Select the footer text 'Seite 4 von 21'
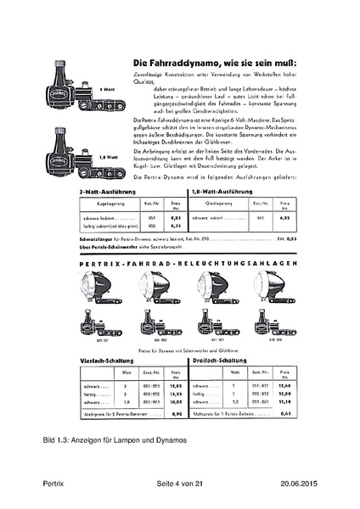click(180, 484)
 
